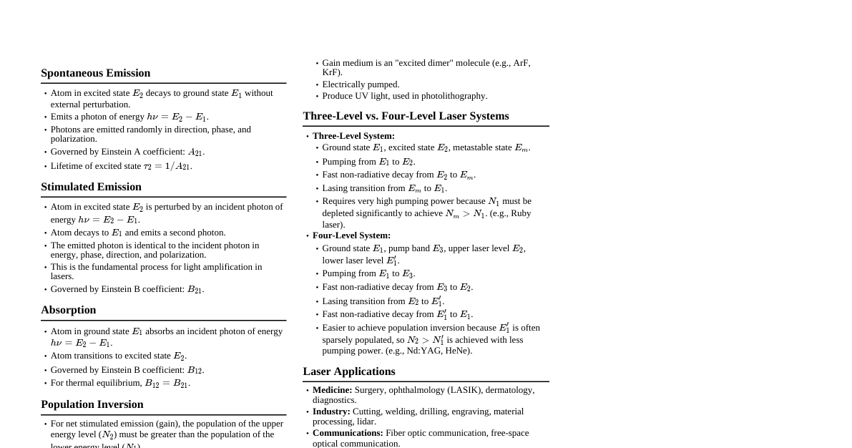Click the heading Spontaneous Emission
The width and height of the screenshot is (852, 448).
(x=95, y=73)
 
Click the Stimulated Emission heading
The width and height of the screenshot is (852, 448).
(x=91, y=187)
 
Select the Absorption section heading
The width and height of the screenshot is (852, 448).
(x=68, y=310)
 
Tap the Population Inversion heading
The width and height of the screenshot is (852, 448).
(x=92, y=404)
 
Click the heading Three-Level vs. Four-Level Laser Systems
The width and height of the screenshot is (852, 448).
(x=406, y=116)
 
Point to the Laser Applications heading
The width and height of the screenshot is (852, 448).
(x=348, y=371)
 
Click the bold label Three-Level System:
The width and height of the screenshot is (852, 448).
(x=353, y=136)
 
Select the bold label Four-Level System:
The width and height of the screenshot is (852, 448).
(x=351, y=235)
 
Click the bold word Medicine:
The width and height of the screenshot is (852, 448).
(x=332, y=390)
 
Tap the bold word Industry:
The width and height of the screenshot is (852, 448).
(x=330, y=412)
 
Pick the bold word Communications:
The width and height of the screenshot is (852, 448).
(x=347, y=433)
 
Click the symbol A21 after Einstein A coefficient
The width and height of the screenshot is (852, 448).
(x=196, y=152)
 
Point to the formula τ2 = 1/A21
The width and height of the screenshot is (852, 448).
(x=167, y=166)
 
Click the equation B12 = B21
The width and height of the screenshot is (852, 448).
(x=167, y=384)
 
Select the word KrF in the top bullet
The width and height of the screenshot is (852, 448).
(x=332, y=72)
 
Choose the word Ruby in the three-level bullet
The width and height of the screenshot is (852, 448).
(x=520, y=213)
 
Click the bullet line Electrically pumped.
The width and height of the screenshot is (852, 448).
(x=361, y=84)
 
